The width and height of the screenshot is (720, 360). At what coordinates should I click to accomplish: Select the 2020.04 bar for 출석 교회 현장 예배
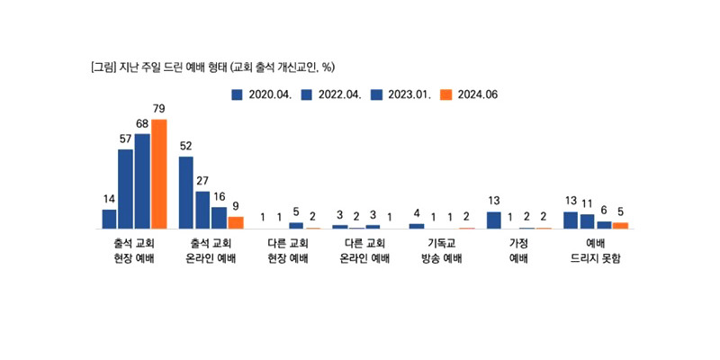click(109, 219)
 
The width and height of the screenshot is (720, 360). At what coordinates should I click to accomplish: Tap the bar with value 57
click(126, 188)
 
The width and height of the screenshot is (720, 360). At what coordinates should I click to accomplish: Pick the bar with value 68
click(142, 181)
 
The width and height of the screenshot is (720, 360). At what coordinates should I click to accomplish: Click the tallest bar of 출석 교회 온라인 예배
click(186, 193)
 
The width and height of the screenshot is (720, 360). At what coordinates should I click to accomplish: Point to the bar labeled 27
click(202, 210)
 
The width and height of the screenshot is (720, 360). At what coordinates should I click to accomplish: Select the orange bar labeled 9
click(236, 222)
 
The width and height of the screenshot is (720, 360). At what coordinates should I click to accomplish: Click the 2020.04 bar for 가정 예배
click(494, 220)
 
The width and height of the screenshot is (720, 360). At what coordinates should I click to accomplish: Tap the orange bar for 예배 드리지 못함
click(620, 225)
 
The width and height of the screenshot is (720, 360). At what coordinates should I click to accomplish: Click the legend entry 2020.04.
click(262, 93)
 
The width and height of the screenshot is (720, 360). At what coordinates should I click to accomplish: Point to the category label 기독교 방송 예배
click(441, 251)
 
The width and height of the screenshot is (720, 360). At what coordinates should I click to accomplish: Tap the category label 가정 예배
click(518, 251)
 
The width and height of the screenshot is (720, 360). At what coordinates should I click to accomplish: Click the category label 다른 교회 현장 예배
click(288, 251)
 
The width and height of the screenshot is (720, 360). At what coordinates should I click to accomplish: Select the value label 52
click(186, 145)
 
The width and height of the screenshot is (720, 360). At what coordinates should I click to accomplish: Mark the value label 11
click(588, 203)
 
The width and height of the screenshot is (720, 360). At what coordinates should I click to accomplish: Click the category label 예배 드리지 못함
click(595, 251)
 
